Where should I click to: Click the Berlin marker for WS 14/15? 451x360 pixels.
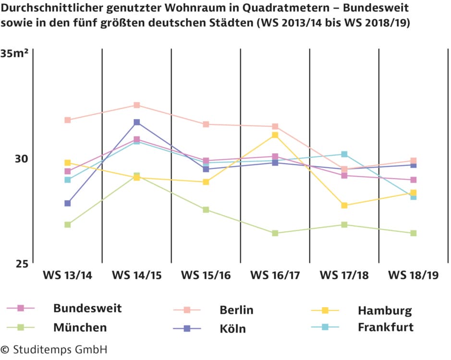point(137,105)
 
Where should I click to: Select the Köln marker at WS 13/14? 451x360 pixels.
point(68,203)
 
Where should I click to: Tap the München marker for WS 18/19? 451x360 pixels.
point(414,233)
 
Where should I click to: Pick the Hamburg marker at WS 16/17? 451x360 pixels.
point(275,135)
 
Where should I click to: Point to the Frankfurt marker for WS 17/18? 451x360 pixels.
point(344,154)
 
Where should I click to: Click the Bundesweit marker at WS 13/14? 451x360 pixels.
point(68,171)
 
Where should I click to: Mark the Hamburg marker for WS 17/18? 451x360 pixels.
point(344,205)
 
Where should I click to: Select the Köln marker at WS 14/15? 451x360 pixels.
point(137,122)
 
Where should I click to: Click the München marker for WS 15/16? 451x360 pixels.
point(206,210)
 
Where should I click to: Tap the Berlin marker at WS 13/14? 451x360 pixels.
point(68,120)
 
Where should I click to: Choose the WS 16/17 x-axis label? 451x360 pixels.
point(275,276)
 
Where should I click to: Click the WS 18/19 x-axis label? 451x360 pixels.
point(414,276)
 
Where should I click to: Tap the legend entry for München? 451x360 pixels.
point(80,328)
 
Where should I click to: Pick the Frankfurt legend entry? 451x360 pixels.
point(385,327)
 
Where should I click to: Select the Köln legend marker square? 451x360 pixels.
point(188,328)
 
